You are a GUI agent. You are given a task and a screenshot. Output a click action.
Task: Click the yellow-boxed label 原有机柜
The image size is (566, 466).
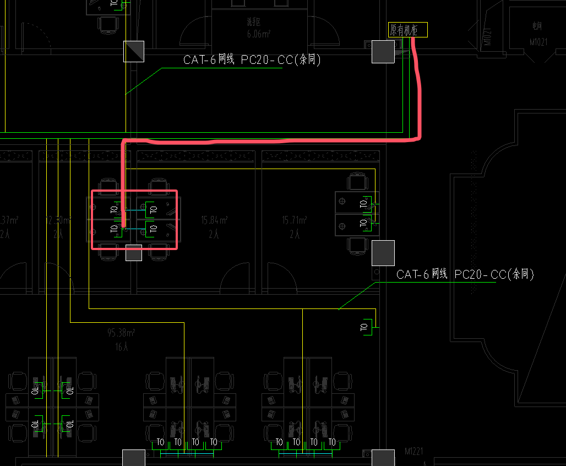[407, 30]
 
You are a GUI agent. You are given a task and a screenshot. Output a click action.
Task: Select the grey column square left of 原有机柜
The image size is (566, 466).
[383, 52]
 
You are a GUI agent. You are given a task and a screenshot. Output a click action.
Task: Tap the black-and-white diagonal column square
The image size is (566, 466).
[133, 51]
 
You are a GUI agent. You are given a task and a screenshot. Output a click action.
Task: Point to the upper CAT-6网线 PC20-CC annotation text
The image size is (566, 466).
[252, 60]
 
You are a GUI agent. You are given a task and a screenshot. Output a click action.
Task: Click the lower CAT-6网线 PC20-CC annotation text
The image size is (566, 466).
[465, 274]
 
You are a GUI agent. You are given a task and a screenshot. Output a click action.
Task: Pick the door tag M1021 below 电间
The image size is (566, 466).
[537, 41]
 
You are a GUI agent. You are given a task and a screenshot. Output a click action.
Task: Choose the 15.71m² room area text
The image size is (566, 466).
[295, 220]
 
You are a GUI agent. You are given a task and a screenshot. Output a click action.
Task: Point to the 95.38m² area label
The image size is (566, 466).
[122, 332]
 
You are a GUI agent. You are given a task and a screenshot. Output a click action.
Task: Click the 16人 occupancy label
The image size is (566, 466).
[122, 347]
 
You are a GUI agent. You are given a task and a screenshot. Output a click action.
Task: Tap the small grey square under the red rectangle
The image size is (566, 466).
[134, 253]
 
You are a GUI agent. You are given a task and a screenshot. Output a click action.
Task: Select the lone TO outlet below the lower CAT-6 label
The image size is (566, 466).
[364, 327]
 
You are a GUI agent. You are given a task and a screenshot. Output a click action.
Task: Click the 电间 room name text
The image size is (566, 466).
[537, 25]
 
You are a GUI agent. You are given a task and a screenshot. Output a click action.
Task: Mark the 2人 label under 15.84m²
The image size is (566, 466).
[214, 234]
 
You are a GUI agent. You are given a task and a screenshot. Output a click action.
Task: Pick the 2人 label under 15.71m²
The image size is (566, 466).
[295, 234]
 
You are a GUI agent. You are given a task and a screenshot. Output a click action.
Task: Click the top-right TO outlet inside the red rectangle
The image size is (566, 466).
[154, 209]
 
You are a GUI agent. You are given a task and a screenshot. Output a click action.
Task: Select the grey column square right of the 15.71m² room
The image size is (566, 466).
[383, 253]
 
